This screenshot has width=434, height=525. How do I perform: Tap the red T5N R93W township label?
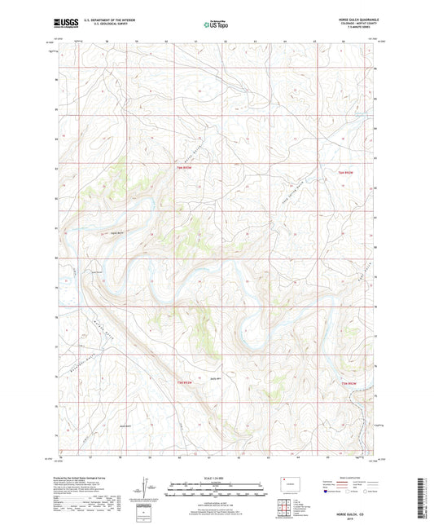186,382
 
